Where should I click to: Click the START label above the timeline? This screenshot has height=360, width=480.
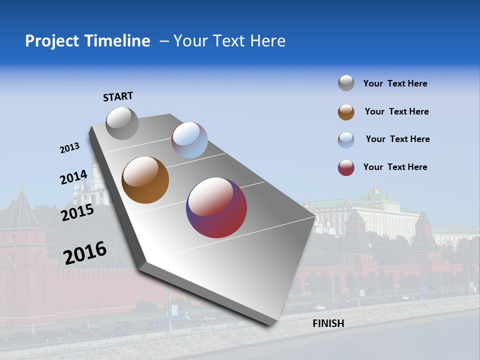(118, 96)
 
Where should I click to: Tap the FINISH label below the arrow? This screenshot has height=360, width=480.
(328, 323)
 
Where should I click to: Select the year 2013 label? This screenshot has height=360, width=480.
(69, 148)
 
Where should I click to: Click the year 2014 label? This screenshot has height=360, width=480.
(73, 177)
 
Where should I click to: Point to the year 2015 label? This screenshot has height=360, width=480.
(77, 212)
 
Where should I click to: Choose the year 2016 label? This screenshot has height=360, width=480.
(85, 252)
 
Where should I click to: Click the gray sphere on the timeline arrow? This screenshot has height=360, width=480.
(122, 123)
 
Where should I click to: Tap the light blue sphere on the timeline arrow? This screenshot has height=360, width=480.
(189, 140)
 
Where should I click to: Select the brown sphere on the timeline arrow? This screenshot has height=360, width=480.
(145, 180)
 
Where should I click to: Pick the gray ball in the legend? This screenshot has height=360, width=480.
(346, 83)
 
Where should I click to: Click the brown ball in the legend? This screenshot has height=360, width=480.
(346, 112)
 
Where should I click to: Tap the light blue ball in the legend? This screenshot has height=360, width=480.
(346, 140)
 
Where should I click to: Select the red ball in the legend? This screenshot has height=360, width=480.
(346, 167)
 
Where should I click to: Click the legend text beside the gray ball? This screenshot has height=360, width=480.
(395, 83)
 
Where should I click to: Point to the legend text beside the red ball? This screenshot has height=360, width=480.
(395, 167)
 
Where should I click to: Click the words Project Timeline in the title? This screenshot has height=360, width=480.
(87, 41)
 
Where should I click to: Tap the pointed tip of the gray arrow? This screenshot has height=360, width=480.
(270, 324)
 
